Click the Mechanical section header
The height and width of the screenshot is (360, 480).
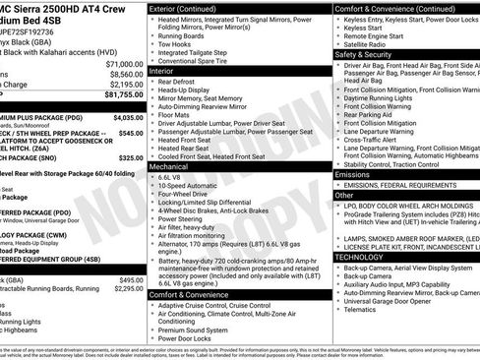[x=170, y=167]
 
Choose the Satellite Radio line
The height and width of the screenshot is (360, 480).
[x=366, y=44]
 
